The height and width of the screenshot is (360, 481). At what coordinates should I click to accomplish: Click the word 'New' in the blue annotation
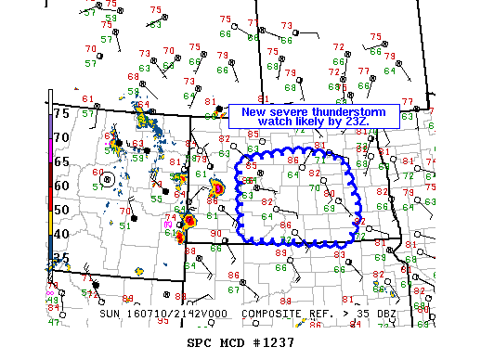click(x=252, y=111)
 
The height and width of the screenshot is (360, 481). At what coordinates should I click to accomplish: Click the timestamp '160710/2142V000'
click(x=182, y=314)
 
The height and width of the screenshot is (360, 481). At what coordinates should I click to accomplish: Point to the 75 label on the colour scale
click(x=61, y=113)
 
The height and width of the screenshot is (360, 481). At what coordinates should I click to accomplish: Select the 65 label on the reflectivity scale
click(x=61, y=161)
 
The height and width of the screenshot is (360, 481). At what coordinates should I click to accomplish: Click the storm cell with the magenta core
click(x=217, y=189)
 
